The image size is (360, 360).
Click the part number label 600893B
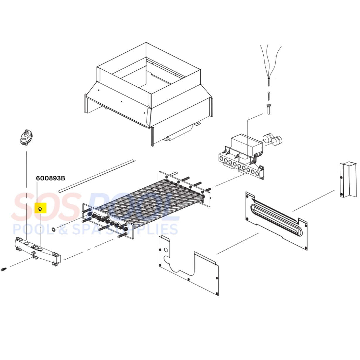pyautogui.click(x=50, y=178)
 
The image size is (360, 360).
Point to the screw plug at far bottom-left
pyautogui.click(x=4, y=269)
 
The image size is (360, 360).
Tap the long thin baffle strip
pyautogui.click(x=97, y=176)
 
